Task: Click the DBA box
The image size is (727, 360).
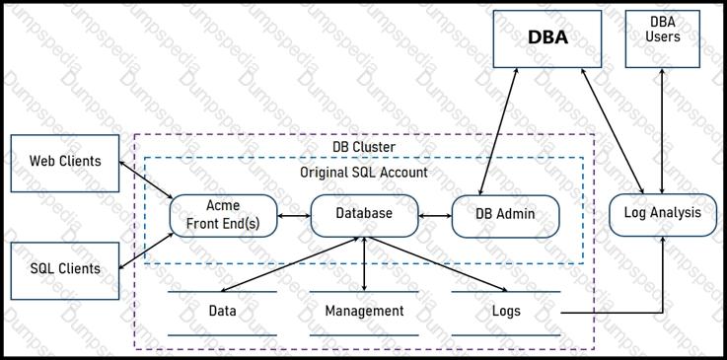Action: [547, 38]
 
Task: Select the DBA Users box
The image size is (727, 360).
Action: [663, 38]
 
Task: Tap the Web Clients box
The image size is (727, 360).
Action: [65, 163]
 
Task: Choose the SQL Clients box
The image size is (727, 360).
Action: [65, 270]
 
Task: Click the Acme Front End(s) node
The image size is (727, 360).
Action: [224, 216]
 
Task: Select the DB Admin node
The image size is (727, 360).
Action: [505, 216]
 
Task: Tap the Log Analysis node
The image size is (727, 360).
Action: [663, 215]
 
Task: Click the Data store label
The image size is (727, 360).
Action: [223, 311]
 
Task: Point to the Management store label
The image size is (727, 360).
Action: [364, 311]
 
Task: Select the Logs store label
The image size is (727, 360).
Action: [506, 311]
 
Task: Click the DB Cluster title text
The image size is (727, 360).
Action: [364, 147]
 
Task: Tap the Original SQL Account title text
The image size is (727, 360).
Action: [364, 173]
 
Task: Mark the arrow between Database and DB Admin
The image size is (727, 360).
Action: [435, 216]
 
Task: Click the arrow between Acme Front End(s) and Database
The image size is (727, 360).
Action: [294, 216]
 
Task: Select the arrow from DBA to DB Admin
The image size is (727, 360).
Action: [499, 131]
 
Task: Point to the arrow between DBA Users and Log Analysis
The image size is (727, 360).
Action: [663, 131]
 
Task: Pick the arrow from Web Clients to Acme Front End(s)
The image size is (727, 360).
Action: [146, 180]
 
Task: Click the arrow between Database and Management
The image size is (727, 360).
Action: [364, 264]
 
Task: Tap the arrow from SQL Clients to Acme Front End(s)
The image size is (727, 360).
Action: [147, 251]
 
